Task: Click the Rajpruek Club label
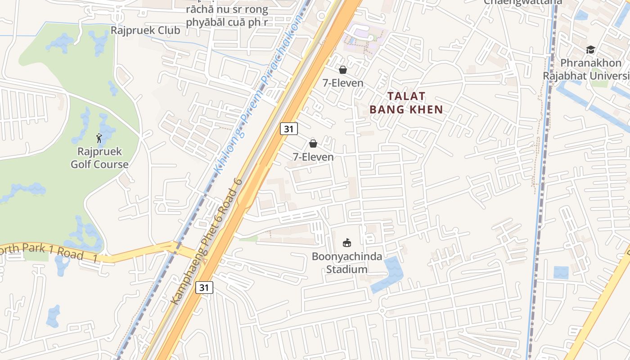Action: (x=145, y=31)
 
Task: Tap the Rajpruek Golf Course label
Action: (x=99, y=158)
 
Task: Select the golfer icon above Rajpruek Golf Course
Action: (x=99, y=138)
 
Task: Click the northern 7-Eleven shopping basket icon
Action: (x=343, y=70)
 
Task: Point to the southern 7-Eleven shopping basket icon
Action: (x=313, y=144)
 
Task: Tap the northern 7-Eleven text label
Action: (x=343, y=83)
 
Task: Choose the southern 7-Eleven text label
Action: (x=313, y=157)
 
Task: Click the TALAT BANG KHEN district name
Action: (x=406, y=103)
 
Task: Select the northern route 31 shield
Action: (x=288, y=129)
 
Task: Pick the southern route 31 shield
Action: (x=204, y=288)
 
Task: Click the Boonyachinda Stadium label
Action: (x=347, y=263)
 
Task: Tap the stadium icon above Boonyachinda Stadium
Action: (x=347, y=243)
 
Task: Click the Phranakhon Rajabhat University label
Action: (x=589, y=69)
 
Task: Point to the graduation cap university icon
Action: (x=590, y=49)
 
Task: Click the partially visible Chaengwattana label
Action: (x=523, y=2)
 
